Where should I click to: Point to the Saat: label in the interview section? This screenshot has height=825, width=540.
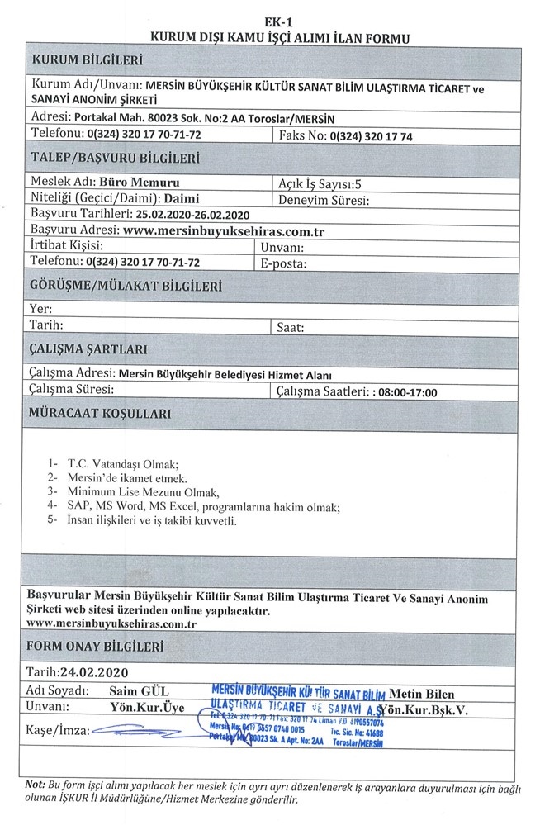[291, 327]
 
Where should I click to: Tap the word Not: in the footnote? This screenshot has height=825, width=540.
[35, 784]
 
